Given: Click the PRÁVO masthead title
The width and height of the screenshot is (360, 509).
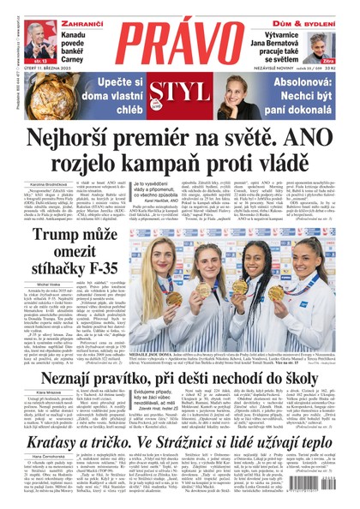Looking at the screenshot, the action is (181, 43).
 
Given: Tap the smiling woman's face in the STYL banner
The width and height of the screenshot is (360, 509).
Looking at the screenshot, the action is (234, 91).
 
